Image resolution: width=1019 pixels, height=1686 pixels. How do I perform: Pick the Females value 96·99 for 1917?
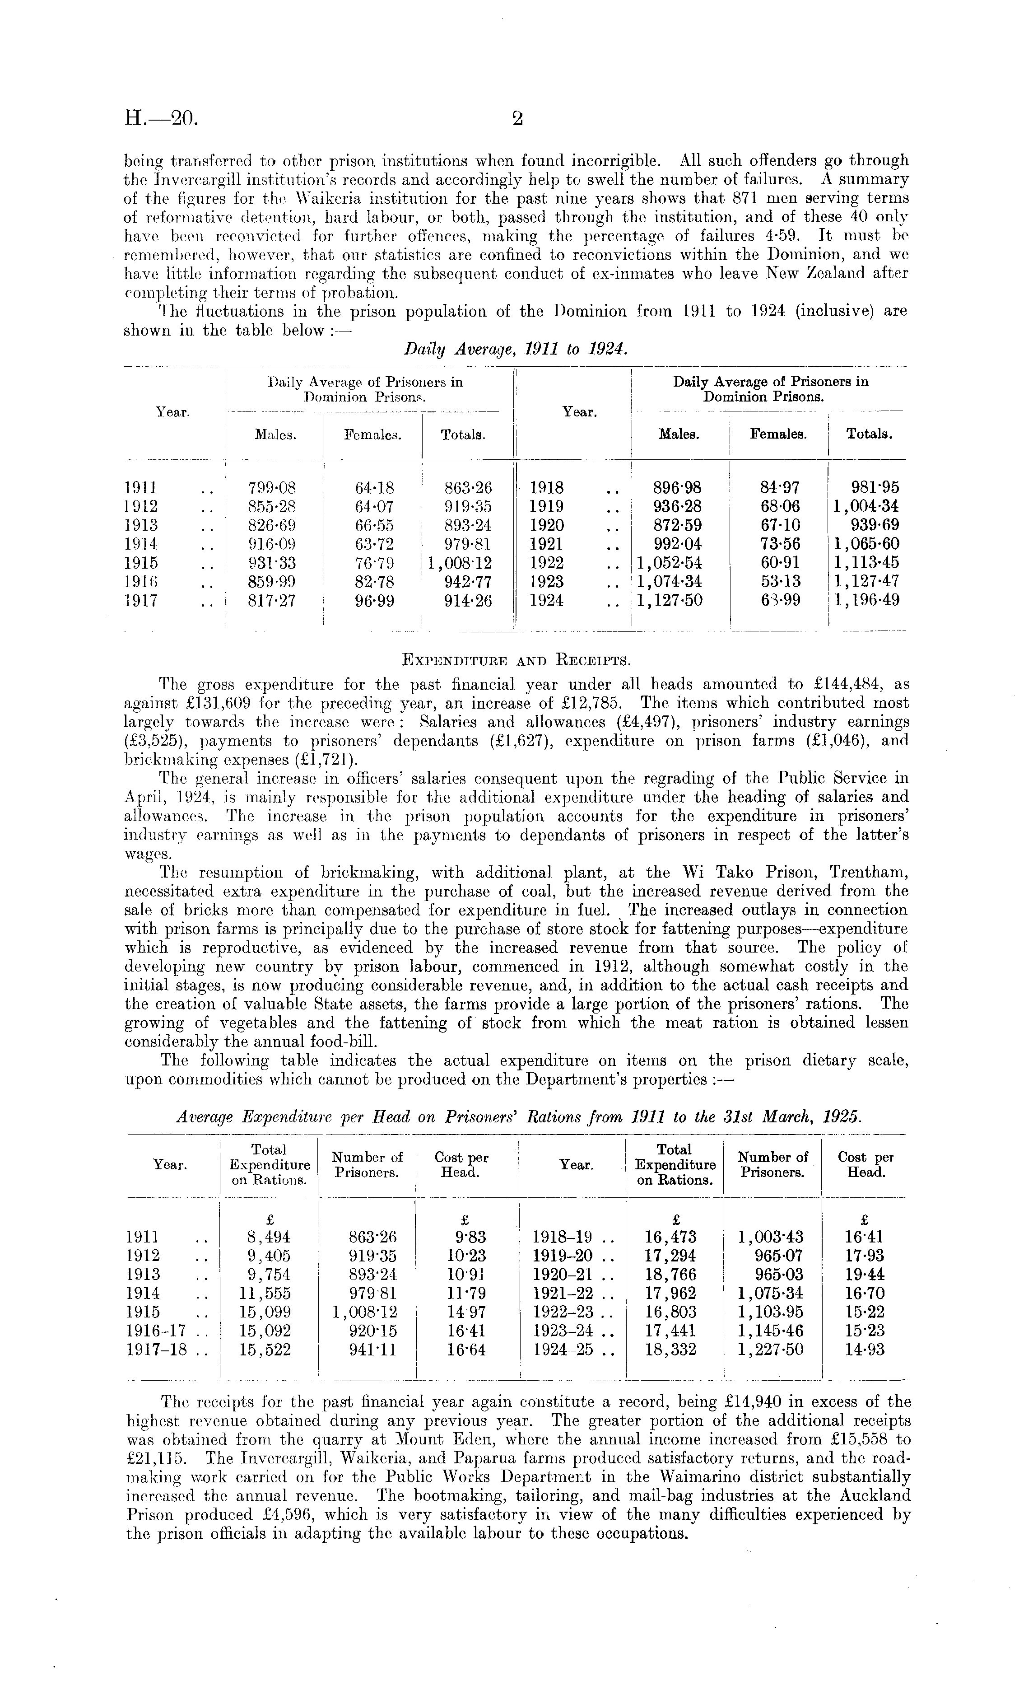373,601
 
